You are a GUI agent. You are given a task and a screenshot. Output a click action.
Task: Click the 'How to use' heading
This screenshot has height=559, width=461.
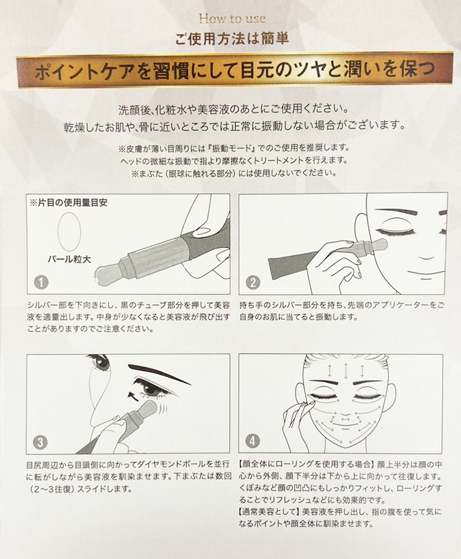pos(232,18)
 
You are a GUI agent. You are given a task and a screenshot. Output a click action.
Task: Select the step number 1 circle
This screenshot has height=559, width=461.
pos(41,282)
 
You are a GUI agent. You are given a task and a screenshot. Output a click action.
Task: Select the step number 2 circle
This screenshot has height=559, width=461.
pos(253,282)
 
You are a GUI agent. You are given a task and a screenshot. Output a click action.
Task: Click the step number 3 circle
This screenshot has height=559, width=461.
pos(40,442)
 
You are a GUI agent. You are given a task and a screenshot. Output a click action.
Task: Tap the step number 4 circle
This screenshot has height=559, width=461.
pos(253,442)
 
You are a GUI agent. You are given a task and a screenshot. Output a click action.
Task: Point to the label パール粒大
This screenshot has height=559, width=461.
pos(69,259)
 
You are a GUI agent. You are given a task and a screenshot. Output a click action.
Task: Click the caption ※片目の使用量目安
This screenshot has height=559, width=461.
pos(68,203)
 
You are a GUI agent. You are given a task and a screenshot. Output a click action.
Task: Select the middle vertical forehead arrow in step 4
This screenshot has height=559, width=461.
pos(346,371)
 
